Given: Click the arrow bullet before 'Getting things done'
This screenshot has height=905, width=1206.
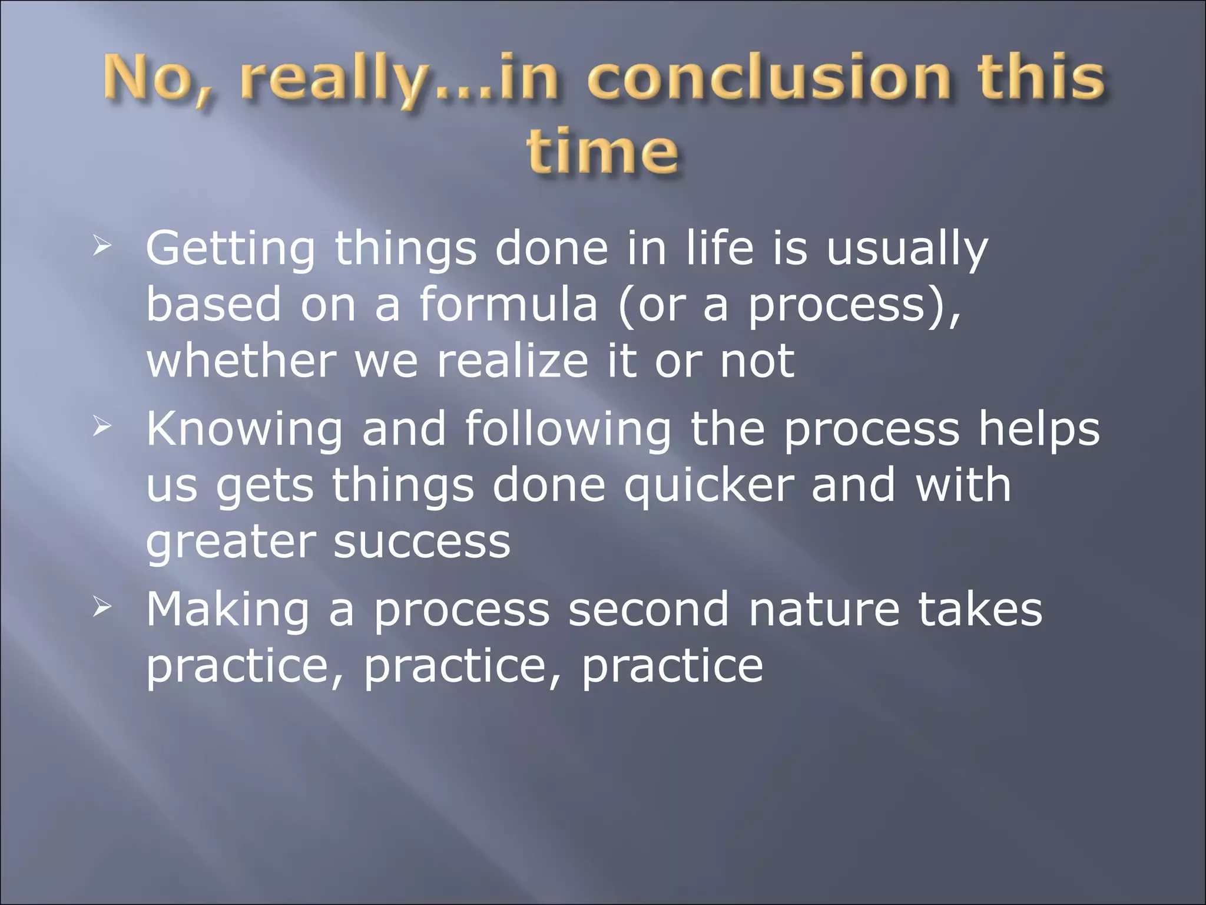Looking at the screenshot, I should [x=101, y=246].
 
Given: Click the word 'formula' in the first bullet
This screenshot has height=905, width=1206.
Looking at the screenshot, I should [x=508, y=304].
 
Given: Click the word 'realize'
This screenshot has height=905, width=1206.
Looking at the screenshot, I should [x=512, y=361].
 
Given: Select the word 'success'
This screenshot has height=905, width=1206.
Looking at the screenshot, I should [x=422, y=542].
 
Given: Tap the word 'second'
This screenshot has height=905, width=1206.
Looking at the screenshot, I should [x=648, y=609].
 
